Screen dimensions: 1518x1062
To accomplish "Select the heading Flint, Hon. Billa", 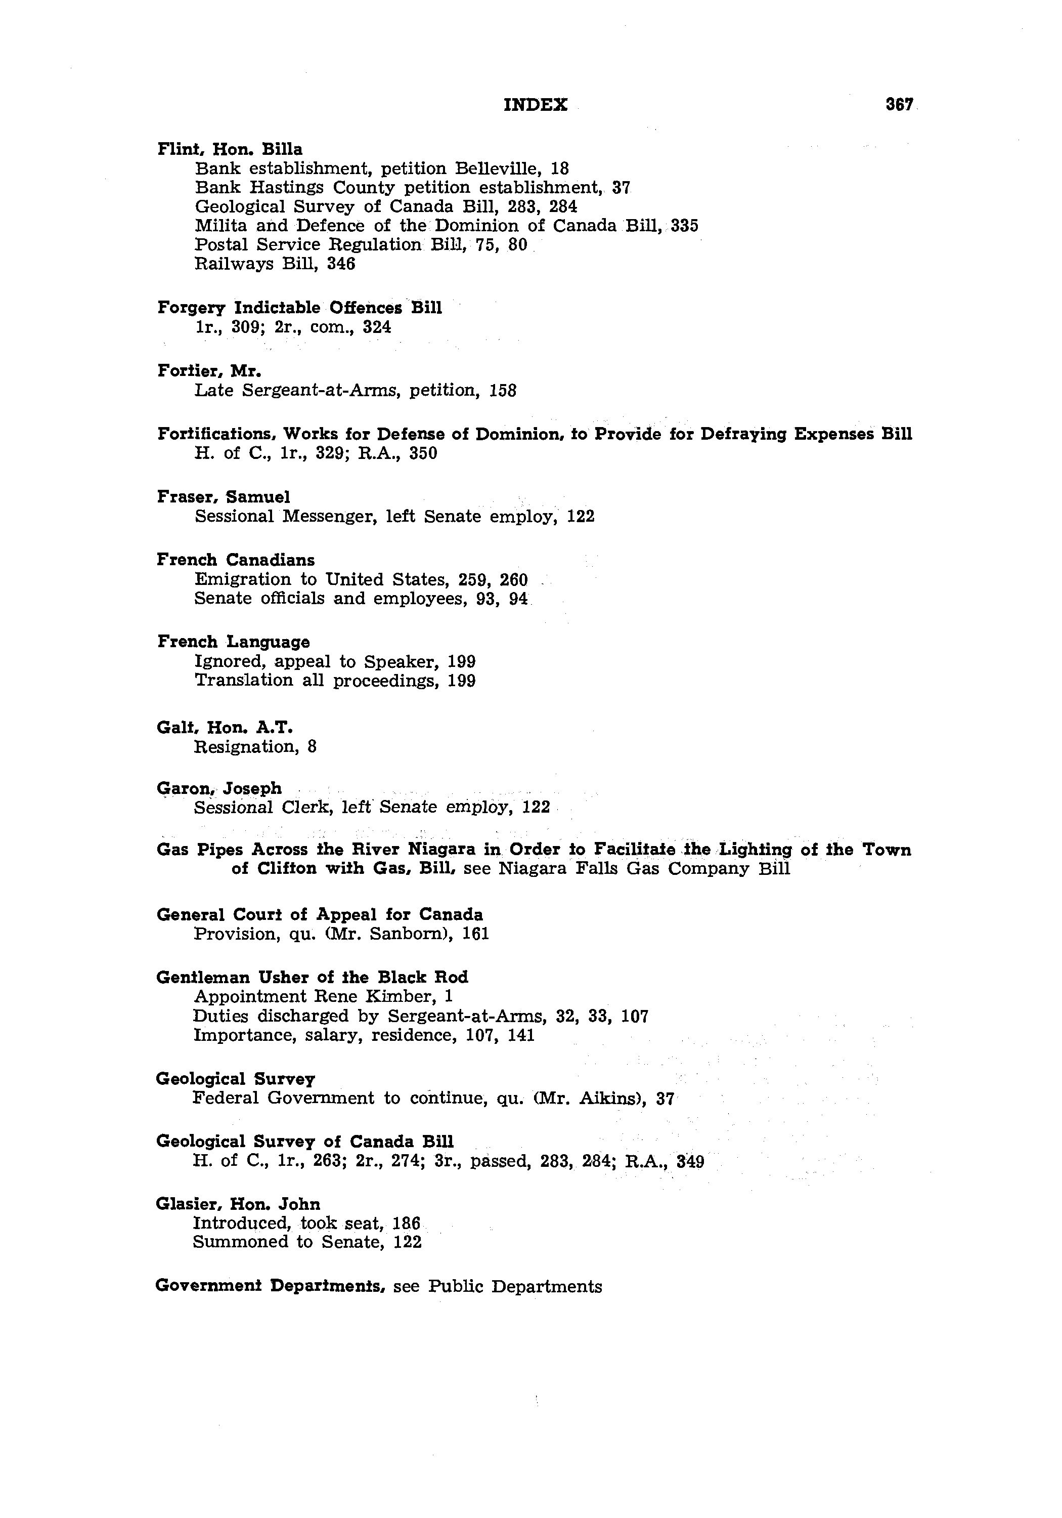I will click(230, 149).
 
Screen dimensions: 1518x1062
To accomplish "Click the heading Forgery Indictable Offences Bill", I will click(299, 308).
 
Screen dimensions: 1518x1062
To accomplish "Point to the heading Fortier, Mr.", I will click(209, 371).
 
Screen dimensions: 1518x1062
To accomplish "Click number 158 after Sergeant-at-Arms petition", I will click(502, 391).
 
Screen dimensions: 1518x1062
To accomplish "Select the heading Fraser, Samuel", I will click(224, 496).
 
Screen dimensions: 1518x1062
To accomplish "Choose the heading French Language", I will click(233, 642).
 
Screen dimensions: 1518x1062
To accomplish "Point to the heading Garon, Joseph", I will click(219, 788).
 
